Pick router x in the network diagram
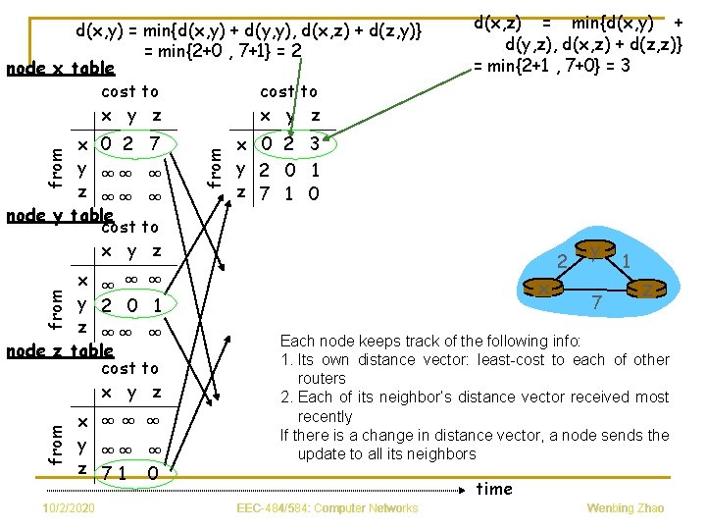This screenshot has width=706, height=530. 542,290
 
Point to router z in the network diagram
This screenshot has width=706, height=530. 649,290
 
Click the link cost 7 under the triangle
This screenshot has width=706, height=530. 595,305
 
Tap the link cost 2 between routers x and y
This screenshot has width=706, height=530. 562,262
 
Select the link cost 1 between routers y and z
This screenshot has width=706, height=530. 627,262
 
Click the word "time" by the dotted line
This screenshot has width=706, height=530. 494,489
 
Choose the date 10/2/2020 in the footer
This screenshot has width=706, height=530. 69,508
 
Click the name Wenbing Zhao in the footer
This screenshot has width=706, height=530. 626,508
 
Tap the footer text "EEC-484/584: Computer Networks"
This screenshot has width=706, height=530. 328,508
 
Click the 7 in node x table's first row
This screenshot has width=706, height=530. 154,144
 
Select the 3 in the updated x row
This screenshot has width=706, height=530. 314,144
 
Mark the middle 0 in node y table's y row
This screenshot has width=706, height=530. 131,305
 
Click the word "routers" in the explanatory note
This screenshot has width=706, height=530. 323,378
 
